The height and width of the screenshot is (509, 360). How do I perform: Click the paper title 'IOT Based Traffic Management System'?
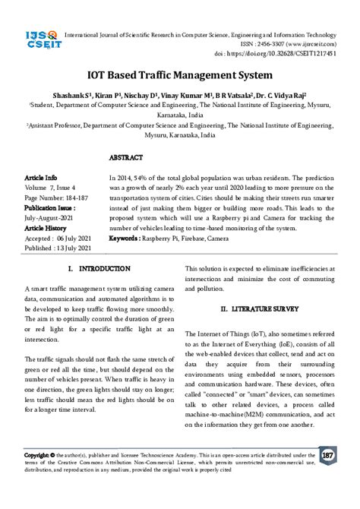pos(179,77)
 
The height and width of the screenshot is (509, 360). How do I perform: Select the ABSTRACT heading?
pos(126,157)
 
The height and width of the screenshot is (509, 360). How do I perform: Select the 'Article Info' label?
pos(41,175)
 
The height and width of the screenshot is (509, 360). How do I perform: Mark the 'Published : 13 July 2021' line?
pos(58,248)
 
